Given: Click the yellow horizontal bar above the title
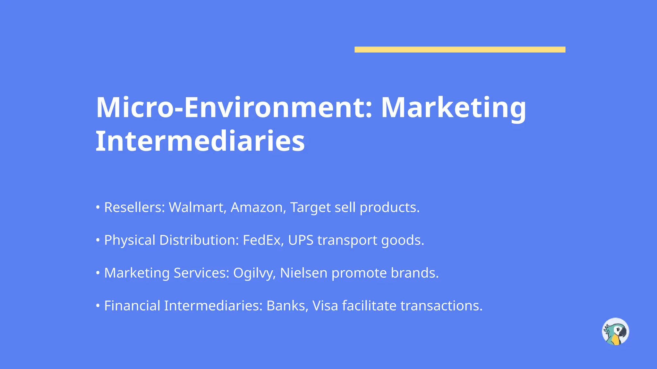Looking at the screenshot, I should (460, 49).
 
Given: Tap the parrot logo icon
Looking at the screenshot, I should (615, 332).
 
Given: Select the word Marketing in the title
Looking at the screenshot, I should (453, 108).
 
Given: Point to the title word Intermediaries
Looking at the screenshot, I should (200, 141).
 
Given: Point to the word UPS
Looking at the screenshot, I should (301, 240).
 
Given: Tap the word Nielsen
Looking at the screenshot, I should (304, 273).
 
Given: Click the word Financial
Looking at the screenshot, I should (132, 306).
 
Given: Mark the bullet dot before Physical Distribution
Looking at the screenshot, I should (98, 240).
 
